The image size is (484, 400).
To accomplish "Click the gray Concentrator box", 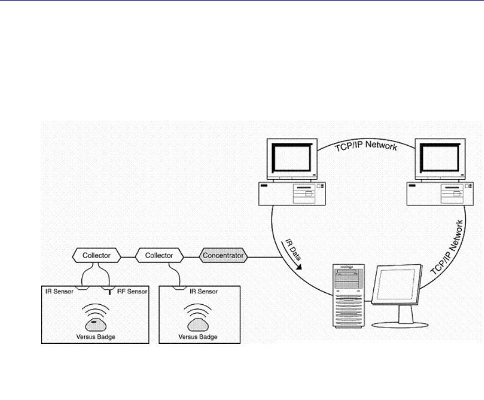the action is [223, 256].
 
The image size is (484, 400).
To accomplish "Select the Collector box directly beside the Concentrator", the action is [159, 256].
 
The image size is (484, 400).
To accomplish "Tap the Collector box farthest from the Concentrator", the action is [97, 256].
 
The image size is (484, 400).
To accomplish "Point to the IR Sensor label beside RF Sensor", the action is [60, 290].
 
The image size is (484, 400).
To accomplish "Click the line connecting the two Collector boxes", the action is [128, 256].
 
